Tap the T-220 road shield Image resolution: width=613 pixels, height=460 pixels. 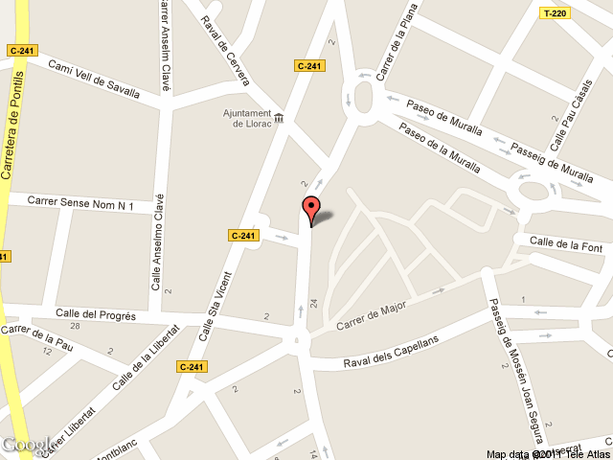pos(555,13)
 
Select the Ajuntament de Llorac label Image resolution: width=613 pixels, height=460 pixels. pos(246,119)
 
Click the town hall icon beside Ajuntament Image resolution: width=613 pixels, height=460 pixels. pos(279,118)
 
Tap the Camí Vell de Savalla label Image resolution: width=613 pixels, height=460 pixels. pos(94,80)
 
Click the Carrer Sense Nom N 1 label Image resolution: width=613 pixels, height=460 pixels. pos(79,203)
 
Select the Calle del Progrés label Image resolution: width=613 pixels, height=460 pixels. pos(96,314)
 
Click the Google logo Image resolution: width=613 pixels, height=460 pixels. pos(26,445)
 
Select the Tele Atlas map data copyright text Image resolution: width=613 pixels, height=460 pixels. pos(548,454)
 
